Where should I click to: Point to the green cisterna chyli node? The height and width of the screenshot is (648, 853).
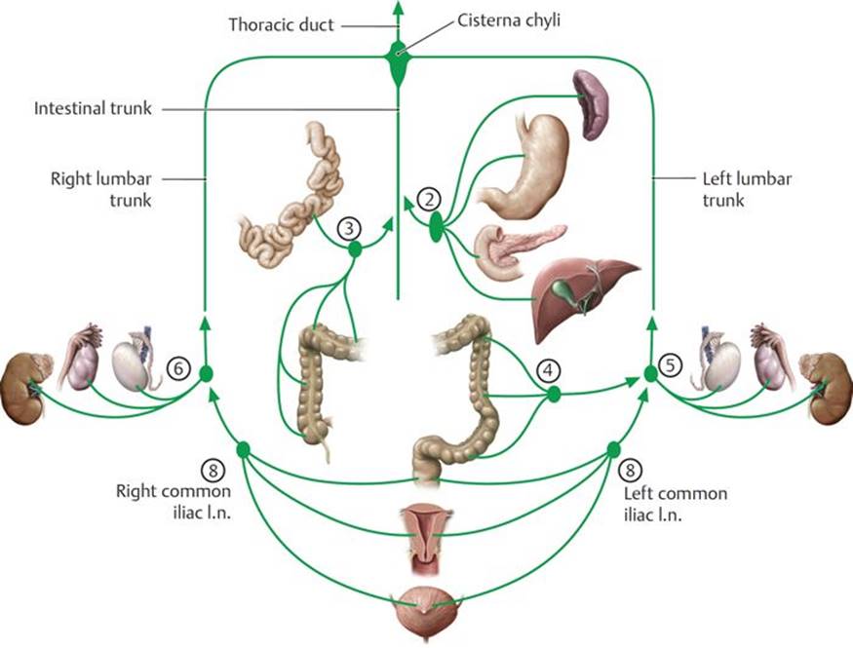(398, 61)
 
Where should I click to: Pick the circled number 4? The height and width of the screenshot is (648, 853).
(550, 370)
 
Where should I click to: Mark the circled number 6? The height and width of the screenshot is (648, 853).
(176, 368)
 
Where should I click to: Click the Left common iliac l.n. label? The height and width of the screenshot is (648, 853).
(675, 504)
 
